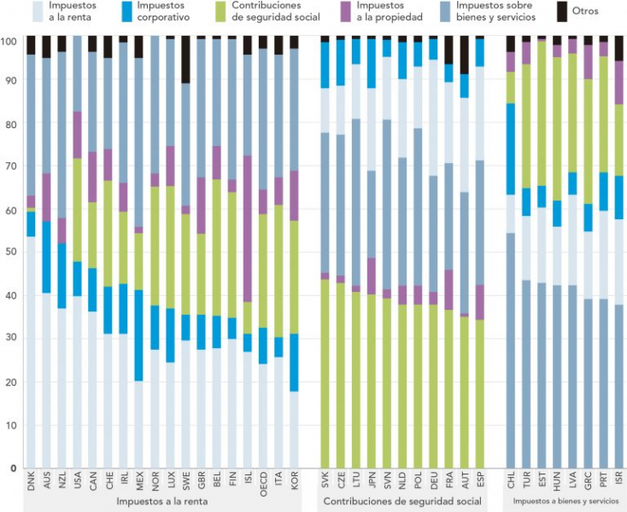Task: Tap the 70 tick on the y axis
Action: pyautogui.click(x=10, y=166)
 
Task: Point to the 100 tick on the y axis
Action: pyautogui.click(x=9, y=41)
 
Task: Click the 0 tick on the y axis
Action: pyautogui.click(x=13, y=468)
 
